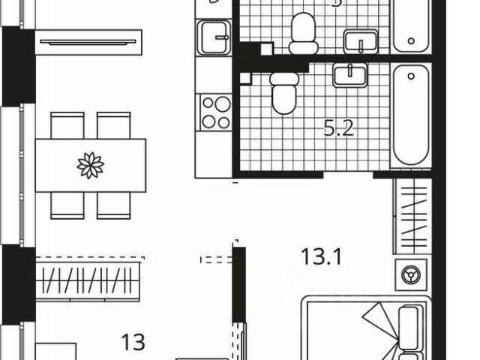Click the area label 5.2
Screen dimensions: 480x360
pyautogui.click(x=337, y=129)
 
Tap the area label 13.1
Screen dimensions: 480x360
pyautogui.click(x=321, y=259)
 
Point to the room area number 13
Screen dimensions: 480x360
pyautogui.click(x=133, y=342)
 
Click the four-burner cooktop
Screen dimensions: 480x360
pyautogui.click(x=216, y=112)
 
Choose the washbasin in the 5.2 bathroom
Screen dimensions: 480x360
pyautogui.click(x=349, y=75)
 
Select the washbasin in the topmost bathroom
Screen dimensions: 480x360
pyautogui.click(x=361, y=40)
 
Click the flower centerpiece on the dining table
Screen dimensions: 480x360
pyautogui.click(x=91, y=165)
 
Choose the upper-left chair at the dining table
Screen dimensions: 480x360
pyautogui.click(x=67, y=125)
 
